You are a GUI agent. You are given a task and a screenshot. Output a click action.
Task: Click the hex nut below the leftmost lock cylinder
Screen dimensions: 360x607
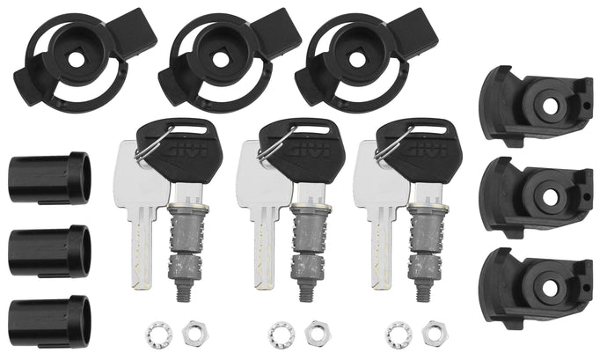tap(190, 333)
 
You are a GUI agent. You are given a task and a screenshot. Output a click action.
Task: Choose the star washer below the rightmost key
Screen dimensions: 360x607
tap(396, 332)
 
